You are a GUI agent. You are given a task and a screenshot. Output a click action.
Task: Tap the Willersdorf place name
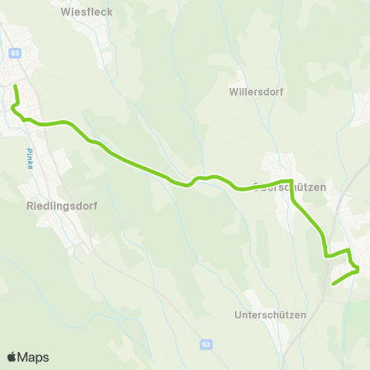(257, 91)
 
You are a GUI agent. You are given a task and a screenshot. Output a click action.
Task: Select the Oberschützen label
(290, 187)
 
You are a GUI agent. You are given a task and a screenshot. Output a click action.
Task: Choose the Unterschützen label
(270, 315)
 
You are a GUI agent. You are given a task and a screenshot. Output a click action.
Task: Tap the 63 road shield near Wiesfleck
(15, 52)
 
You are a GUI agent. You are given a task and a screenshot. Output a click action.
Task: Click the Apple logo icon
(12, 357)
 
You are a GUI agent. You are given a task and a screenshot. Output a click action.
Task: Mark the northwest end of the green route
(15, 86)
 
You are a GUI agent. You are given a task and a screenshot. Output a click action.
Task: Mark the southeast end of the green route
(333, 284)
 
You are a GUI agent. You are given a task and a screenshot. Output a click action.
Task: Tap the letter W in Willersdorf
(234, 91)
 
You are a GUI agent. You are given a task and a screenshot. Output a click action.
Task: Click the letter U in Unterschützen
(237, 315)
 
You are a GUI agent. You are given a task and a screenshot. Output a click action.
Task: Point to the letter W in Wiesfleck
(65, 12)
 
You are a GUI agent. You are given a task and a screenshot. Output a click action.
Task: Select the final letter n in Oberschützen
(325, 187)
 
